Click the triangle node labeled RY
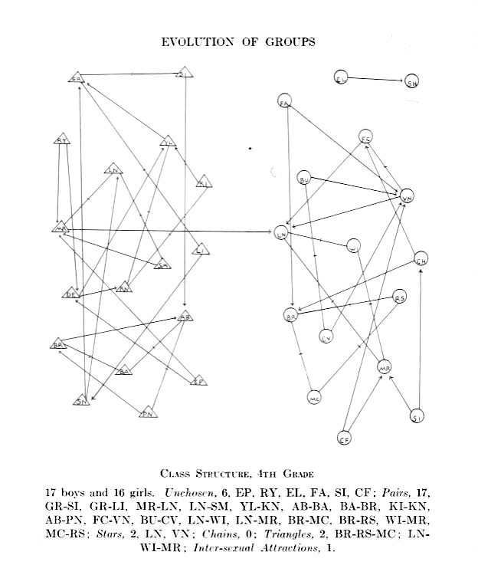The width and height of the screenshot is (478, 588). [x=62, y=140]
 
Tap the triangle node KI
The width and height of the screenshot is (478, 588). [x=203, y=182]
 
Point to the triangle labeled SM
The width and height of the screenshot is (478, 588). [x=162, y=265]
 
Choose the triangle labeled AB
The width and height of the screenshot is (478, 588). [x=184, y=316]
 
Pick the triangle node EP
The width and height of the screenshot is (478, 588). [x=198, y=380]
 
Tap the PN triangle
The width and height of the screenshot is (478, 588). [x=149, y=413]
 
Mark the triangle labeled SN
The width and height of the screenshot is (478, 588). [x=82, y=400]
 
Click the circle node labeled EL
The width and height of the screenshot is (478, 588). [x=342, y=77]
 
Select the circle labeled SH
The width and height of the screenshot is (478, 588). [x=413, y=84]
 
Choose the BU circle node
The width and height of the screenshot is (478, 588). [x=305, y=179]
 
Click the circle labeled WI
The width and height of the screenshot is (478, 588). [x=353, y=247]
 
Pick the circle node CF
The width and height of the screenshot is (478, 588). [x=345, y=439]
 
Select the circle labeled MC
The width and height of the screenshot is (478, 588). [x=314, y=398]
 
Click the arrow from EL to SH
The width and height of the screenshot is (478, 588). [x=377, y=80]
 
